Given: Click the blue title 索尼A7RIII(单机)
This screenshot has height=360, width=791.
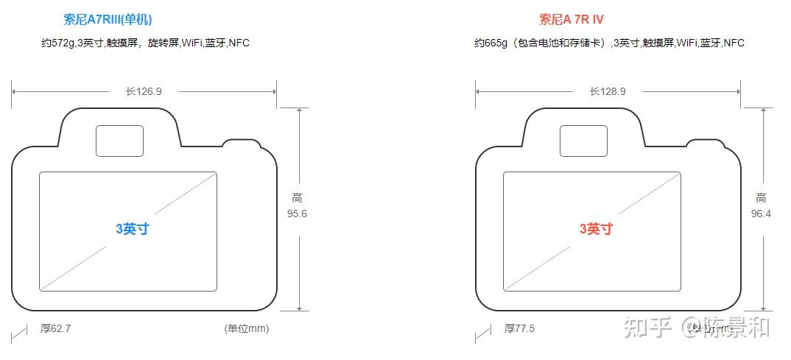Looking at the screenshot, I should coord(108,20).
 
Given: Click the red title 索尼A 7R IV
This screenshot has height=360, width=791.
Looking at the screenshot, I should coord(572,20).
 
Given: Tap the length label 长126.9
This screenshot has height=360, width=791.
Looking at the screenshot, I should coord(144,91).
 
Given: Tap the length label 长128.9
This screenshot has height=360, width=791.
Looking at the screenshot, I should coord(608,91).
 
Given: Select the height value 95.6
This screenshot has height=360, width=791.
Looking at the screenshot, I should coord(297,213).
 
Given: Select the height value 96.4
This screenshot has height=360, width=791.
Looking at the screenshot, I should coord(761,213).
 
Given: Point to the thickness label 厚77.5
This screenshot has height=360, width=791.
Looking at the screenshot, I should coord(519,328).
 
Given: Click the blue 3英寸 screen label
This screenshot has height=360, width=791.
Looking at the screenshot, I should coord(133,229).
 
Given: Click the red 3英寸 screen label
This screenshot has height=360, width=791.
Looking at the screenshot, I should coord(596,229).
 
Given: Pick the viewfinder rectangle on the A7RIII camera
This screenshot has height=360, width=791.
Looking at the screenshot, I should coord(120,141).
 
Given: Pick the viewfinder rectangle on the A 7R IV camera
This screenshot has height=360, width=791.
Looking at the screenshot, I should coord(583,141).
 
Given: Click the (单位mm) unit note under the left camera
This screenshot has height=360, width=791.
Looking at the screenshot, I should coord(247,328).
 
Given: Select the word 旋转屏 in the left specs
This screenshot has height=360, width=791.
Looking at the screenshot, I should coord(163,43).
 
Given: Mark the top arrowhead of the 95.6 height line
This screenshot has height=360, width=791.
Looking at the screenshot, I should coord(299,110).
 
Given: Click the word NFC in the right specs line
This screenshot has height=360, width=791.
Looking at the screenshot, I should coord(734,43).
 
